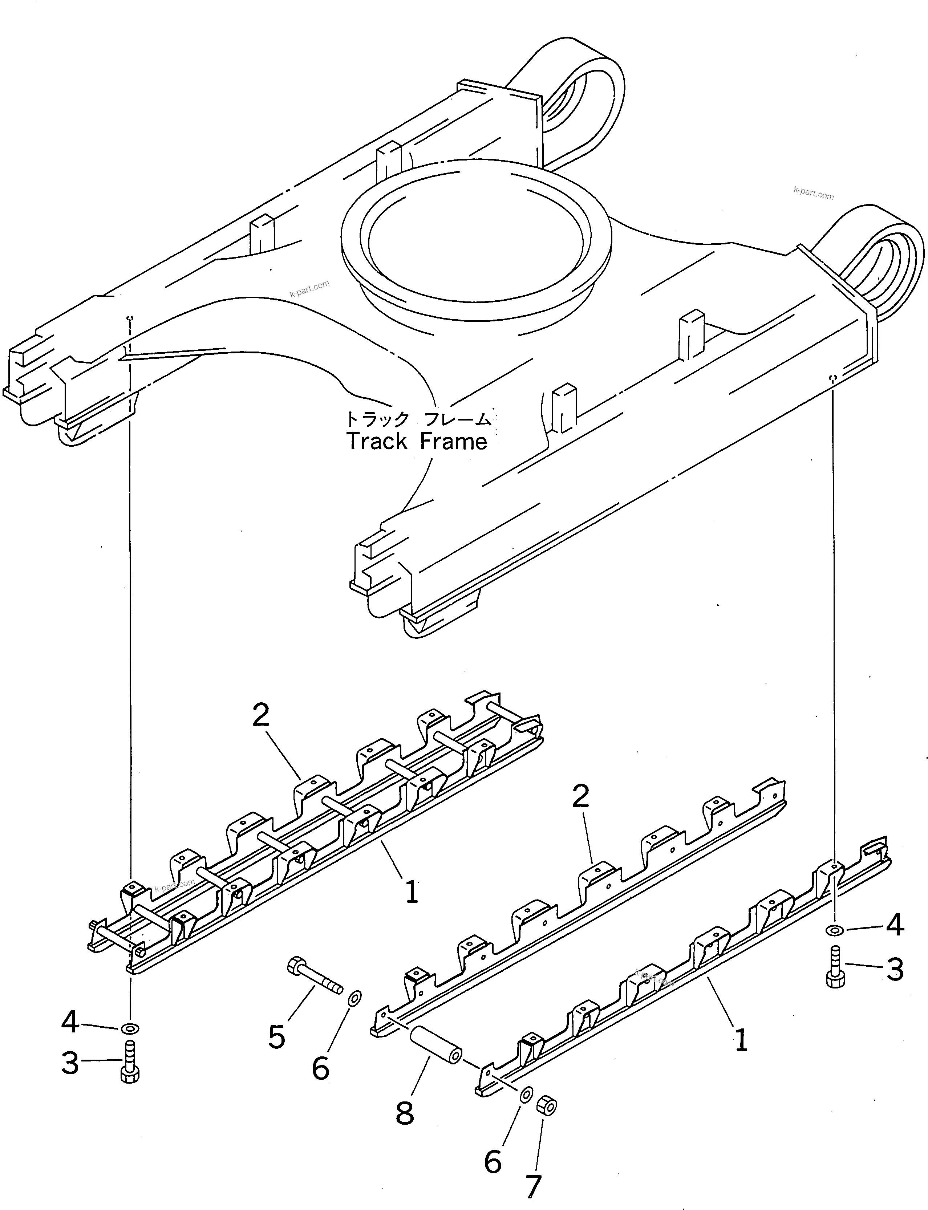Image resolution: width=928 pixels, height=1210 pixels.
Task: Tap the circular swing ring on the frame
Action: click(476, 232)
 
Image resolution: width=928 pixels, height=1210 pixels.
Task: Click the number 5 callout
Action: click(277, 1036)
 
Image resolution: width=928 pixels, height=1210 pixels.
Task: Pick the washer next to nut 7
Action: click(526, 1093)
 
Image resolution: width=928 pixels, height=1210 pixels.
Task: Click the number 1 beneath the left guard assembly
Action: click(412, 892)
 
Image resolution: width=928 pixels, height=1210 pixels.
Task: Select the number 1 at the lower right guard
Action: click(741, 1040)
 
